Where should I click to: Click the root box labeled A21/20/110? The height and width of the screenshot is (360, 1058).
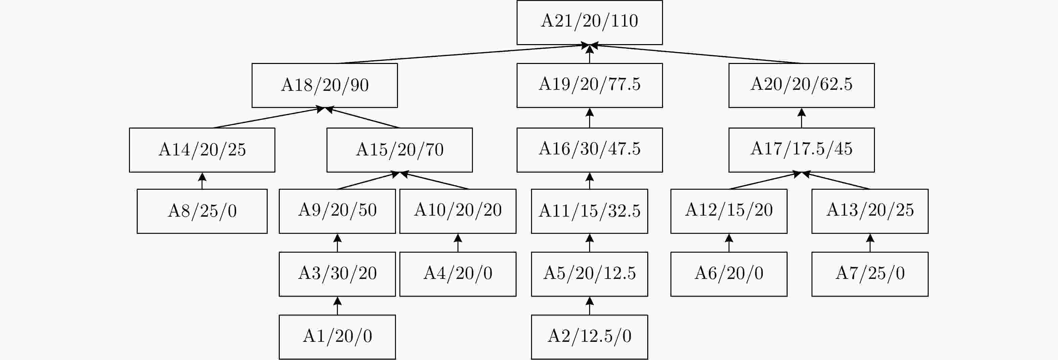[589, 22]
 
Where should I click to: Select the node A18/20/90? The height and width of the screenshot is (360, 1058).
[324, 85]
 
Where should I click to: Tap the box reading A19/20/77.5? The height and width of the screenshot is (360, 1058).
[589, 85]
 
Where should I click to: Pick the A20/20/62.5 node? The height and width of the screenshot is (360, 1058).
[801, 85]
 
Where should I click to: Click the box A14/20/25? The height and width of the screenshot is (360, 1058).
[202, 150]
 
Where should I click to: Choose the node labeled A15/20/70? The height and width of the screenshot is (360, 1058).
[400, 150]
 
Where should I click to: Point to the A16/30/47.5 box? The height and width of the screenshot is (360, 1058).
[589, 150]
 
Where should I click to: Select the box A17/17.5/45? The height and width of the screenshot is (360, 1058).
[801, 150]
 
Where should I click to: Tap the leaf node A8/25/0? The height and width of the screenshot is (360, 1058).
[202, 211]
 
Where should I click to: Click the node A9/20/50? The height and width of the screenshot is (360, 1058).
[337, 211]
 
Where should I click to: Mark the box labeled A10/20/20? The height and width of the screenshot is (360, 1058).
[458, 211]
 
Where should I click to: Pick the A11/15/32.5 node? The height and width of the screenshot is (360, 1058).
[589, 211]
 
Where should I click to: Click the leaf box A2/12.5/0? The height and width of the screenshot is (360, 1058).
[589, 337]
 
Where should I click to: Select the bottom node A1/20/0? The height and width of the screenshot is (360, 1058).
[337, 337]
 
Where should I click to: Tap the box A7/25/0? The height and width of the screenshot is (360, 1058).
[870, 274]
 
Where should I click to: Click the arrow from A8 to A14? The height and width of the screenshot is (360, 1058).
[202, 181]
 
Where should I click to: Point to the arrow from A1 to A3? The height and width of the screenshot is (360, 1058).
[337, 306]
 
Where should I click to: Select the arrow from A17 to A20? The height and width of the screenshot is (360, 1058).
[801, 118]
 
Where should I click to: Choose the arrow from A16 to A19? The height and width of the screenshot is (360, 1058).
[589, 118]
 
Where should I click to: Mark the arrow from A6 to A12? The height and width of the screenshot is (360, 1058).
[729, 243]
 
